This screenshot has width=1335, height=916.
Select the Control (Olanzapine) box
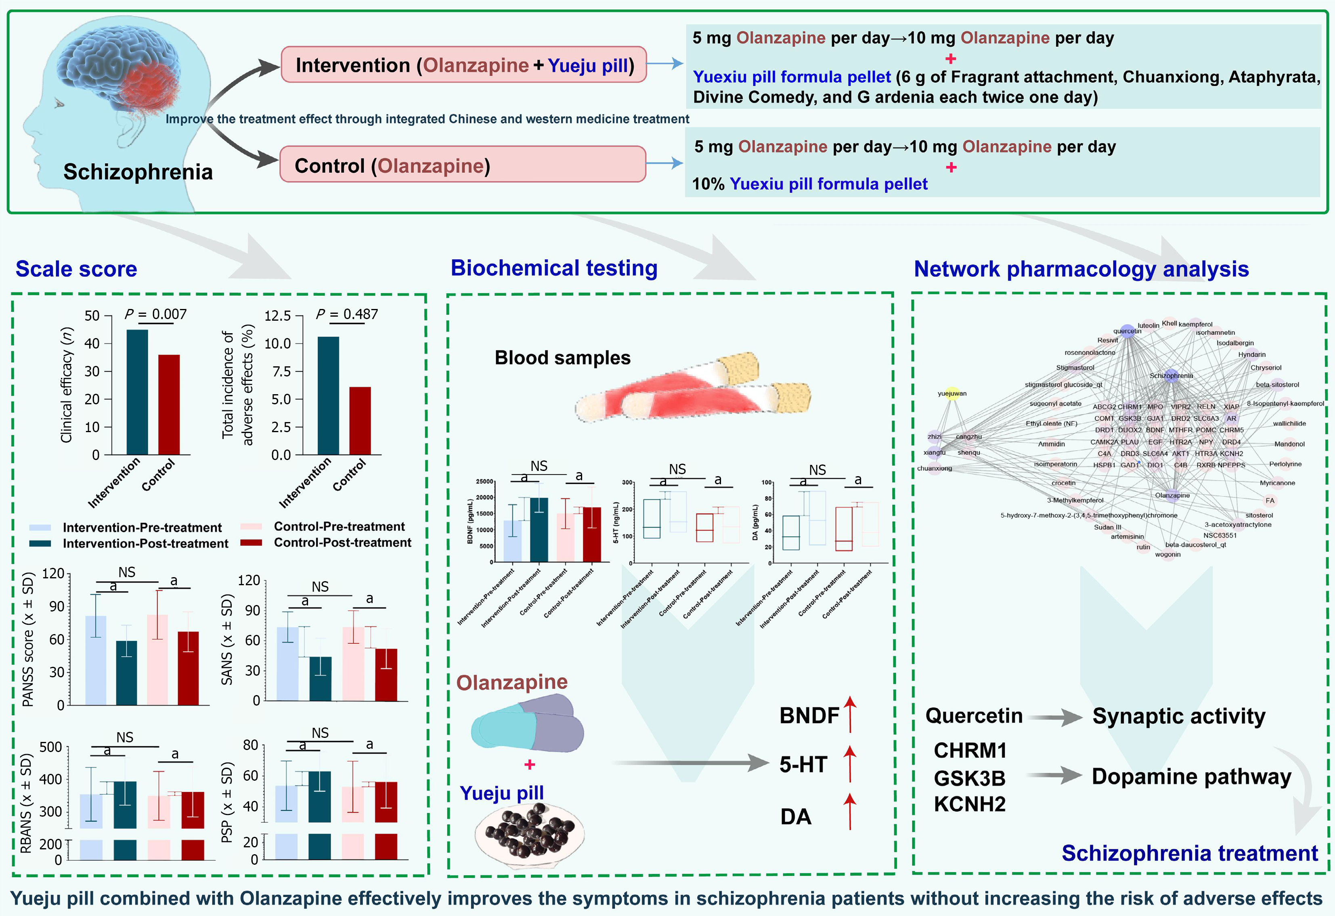coord(462,165)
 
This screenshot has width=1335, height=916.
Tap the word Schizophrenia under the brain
coord(138,172)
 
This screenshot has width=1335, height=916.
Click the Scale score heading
coord(76,269)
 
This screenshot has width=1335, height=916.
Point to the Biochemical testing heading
coord(554,268)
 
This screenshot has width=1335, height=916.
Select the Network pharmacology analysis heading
coord(1081,269)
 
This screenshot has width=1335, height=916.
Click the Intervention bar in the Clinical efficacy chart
coord(137,392)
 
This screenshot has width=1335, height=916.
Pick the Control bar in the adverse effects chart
coord(360,421)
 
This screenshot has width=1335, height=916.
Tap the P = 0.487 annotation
coord(347,314)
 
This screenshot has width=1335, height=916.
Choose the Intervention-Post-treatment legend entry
coord(145,544)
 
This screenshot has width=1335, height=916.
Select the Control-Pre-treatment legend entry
coord(339,526)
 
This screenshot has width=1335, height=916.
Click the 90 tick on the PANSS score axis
coord(56,606)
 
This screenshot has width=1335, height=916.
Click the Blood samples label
coord(562,357)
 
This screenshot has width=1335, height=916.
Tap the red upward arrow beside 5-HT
coord(850,764)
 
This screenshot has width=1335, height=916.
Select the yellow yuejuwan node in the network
coord(952,393)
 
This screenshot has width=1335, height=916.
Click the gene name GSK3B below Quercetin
coord(970,778)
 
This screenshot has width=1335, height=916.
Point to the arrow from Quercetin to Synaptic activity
coord(1056,716)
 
